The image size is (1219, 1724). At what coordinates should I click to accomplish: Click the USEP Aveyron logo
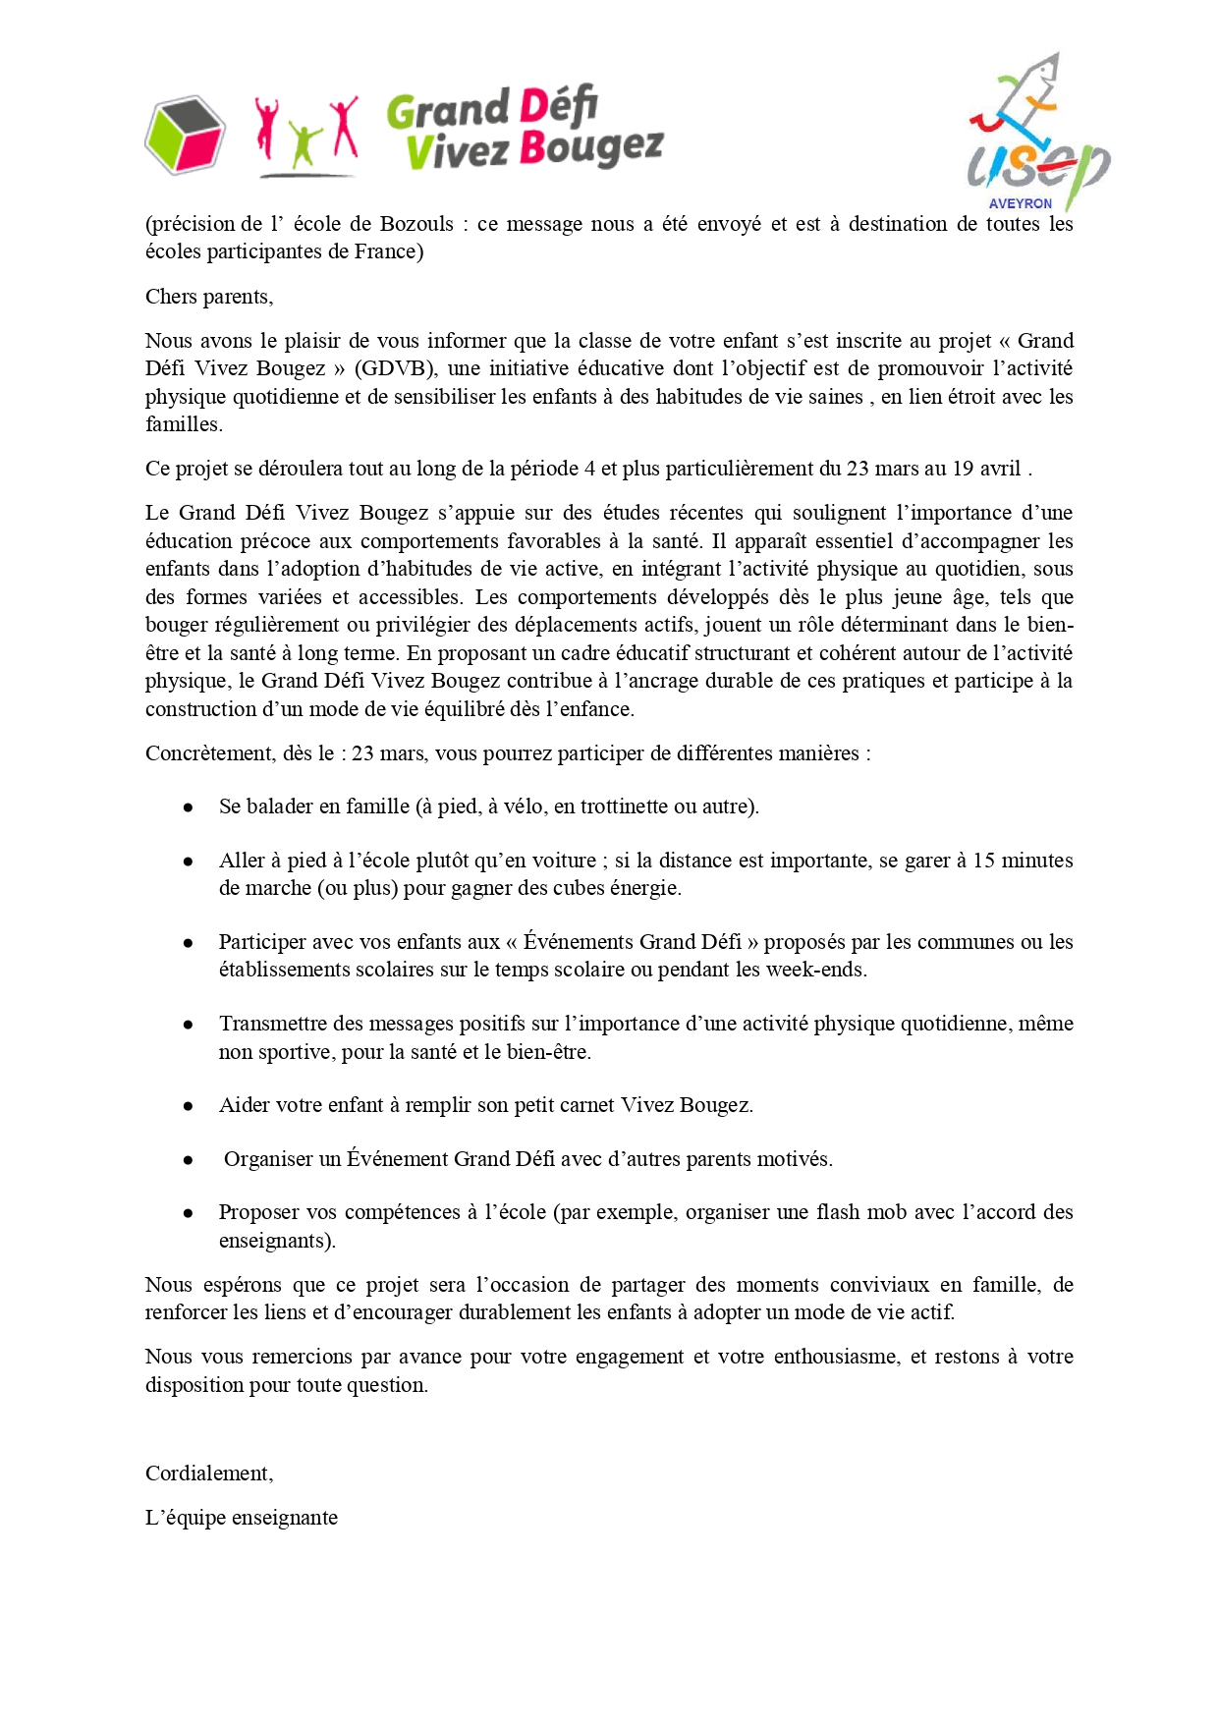pos(1037,133)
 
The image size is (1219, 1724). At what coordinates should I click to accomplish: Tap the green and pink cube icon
pos(185,135)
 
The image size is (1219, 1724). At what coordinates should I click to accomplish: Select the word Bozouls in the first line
pos(416,224)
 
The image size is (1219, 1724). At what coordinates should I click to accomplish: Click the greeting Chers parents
pos(209,297)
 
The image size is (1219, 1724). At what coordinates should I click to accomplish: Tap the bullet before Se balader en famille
pos(188,807)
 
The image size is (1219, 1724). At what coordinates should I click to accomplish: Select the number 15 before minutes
pos(984,861)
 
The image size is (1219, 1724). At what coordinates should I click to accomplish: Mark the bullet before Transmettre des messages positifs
pos(188,1025)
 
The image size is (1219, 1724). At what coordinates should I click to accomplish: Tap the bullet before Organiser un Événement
pos(188,1160)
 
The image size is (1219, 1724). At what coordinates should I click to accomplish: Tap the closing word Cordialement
pos(208,1474)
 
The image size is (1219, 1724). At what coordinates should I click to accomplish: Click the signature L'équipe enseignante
pos(242,1518)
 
